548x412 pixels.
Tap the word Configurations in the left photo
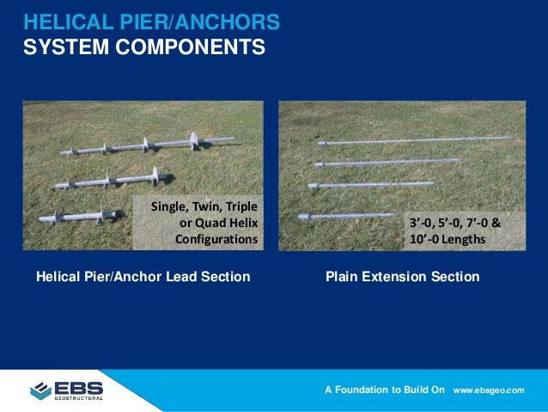tap(216, 238)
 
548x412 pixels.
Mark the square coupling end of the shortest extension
tap(304, 217)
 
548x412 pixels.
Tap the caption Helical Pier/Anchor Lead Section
tap(143, 276)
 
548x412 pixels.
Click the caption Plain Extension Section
tap(402, 276)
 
